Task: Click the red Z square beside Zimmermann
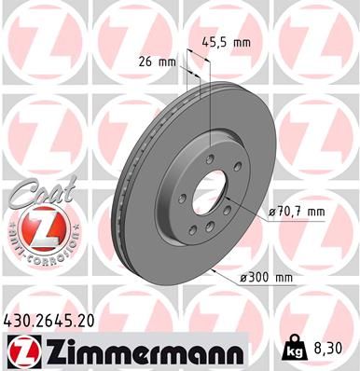21,352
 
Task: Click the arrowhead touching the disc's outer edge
215,271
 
